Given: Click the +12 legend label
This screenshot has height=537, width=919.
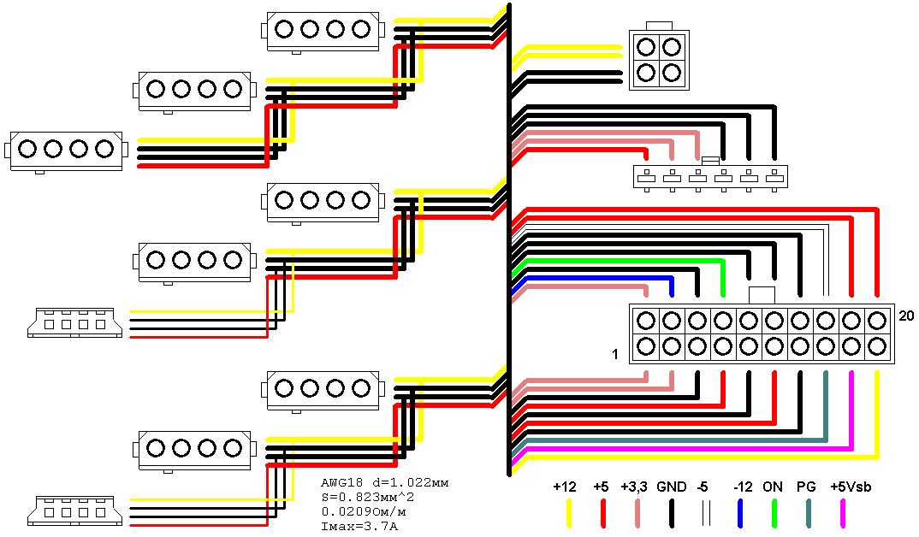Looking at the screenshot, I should pos(565,487).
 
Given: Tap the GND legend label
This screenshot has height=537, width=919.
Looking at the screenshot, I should pos(672,487).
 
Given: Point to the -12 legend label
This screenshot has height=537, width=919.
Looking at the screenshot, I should pos(743,487).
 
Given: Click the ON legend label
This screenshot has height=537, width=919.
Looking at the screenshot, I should pos(773,487).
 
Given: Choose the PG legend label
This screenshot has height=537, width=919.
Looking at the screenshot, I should pos(807,487).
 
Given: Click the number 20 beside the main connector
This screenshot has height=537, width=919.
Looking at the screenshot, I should pos(908,316).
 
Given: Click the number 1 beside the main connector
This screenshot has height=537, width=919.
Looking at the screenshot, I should pos(615,353).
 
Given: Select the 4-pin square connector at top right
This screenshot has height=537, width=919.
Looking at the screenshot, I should pos(659,58).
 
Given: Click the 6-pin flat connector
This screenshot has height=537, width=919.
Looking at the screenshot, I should pos(710,177).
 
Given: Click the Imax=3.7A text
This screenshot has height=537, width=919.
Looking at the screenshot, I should pos(359,525).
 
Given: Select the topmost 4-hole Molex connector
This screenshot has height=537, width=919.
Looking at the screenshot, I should pos(322,30).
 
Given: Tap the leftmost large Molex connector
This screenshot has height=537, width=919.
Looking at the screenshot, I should pos(66,150).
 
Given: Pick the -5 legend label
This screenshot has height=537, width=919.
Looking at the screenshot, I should pos(702,487).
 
